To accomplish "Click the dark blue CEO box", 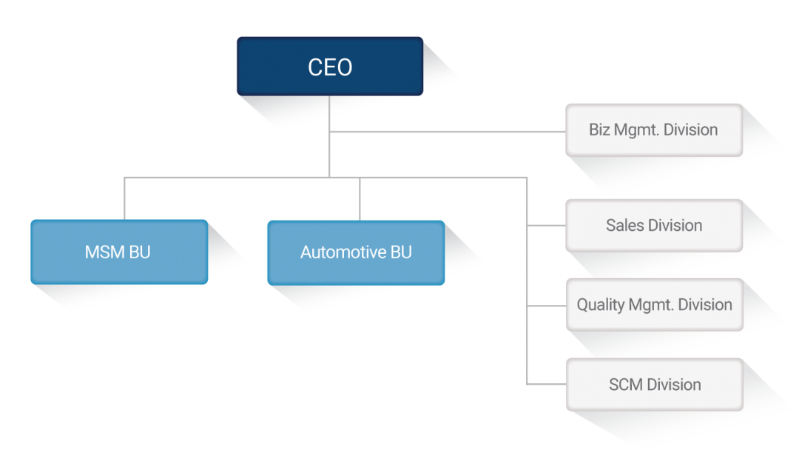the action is pyautogui.click(x=330, y=66).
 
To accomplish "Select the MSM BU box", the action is pyautogui.click(x=119, y=252).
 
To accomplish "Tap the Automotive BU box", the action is pyautogui.click(x=356, y=252).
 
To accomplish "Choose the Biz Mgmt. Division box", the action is pyautogui.click(x=654, y=130).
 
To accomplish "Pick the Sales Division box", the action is pyautogui.click(x=654, y=225).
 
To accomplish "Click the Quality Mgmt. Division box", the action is pyautogui.click(x=654, y=305).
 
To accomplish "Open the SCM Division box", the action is pyautogui.click(x=654, y=385).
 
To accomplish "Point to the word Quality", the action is pyautogui.click(x=601, y=305).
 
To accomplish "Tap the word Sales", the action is pyautogui.click(x=624, y=225).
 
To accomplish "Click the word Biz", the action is pyautogui.click(x=599, y=130).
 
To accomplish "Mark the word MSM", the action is pyautogui.click(x=104, y=252).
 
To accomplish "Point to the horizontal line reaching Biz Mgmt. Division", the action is pyautogui.click(x=448, y=132).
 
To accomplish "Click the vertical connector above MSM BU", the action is pyautogui.click(x=124, y=198).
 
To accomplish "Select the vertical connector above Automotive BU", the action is pyautogui.click(x=360, y=199).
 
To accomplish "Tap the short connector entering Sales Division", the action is pyautogui.click(x=546, y=225).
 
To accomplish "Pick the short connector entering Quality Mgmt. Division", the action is pyautogui.click(x=546, y=306).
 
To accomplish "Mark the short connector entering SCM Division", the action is pyautogui.click(x=546, y=383).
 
